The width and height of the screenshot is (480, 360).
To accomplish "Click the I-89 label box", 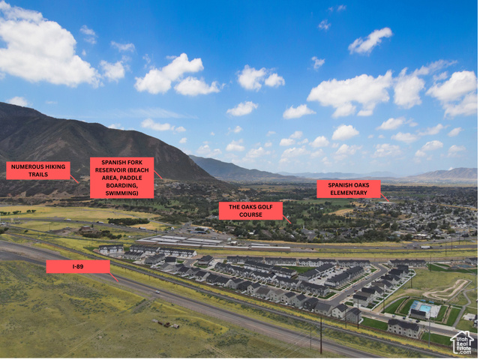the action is [78, 267].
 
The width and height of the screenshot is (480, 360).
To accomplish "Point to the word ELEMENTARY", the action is [349, 193].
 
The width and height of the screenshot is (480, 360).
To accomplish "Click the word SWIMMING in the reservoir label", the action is [121, 194].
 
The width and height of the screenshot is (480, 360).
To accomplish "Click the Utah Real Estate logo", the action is [463, 343].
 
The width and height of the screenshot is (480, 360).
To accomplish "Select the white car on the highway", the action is [158, 292].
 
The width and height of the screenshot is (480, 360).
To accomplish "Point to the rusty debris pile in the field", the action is [166, 324].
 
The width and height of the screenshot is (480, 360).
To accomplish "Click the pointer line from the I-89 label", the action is [114, 277].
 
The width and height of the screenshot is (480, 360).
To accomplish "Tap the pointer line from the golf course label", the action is [286, 220].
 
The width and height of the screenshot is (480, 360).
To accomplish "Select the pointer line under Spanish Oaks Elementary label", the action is [385, 198].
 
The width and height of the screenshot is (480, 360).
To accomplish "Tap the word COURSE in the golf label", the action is [251, 215].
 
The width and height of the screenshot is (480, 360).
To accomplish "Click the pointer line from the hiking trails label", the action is [74, 179].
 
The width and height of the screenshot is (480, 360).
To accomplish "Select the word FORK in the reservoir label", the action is [134, 163].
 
